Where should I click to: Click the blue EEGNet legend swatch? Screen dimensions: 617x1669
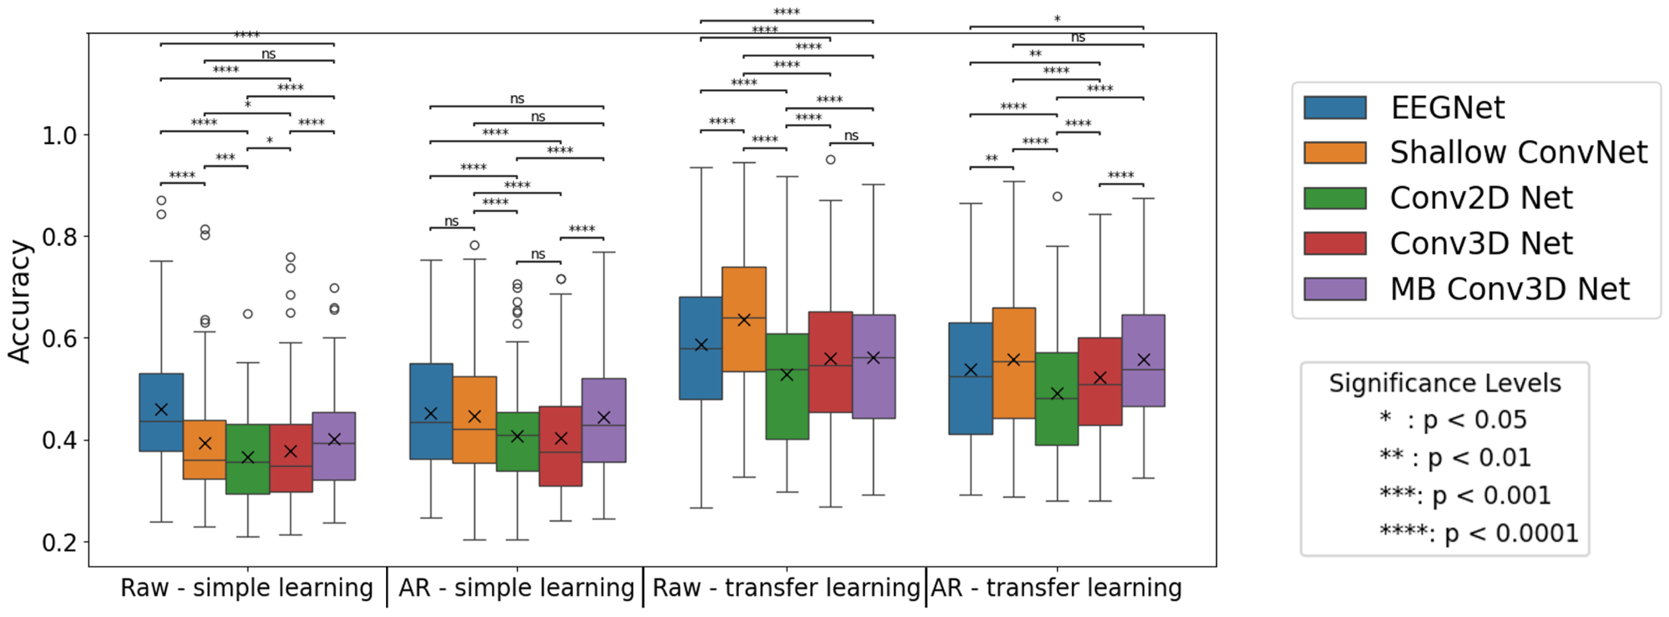coord(1335,107)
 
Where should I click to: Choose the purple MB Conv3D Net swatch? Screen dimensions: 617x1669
coord(1335,289)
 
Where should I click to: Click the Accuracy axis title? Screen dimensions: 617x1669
coord(20,301)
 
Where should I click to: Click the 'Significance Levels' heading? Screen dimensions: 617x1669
coord(1445,383)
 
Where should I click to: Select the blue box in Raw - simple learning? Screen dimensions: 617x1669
coord(161,412)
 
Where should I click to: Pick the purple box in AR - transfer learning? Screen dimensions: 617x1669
coord(1143,361)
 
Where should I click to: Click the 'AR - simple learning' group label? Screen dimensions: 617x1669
coord(516,588)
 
